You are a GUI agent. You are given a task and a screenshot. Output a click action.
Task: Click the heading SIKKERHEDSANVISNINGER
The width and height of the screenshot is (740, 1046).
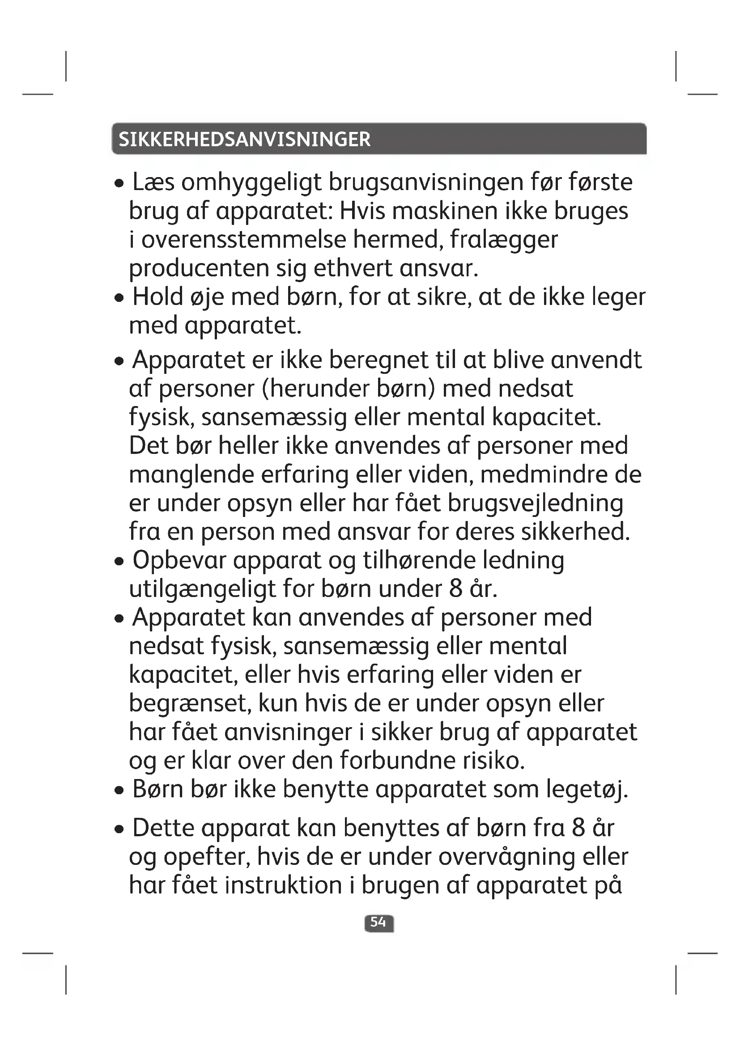point(245,140)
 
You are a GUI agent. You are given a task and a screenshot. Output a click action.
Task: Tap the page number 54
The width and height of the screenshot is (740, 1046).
point(378,923)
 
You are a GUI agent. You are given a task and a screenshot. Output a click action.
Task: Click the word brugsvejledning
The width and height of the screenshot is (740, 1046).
point(535,504)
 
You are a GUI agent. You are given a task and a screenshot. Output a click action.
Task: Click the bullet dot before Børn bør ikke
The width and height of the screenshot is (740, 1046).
point(119,791)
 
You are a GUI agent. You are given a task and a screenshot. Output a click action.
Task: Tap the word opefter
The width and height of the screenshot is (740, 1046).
point(207,857)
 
